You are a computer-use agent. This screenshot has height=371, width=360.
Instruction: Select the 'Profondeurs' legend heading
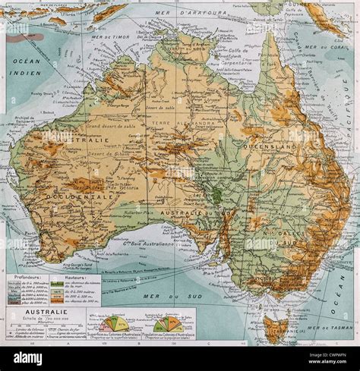27,278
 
